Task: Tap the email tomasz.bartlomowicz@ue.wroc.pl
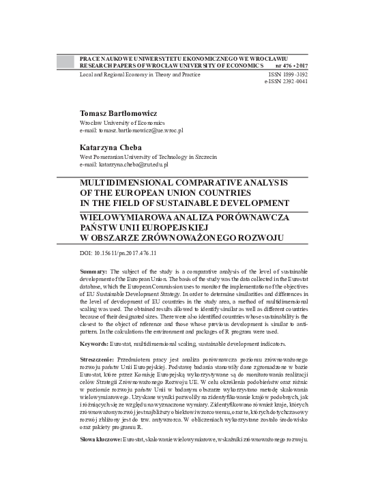click(x=141, y=129)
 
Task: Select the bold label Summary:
click(x=93, y=271)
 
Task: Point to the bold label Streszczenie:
click(x=98, y=358)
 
